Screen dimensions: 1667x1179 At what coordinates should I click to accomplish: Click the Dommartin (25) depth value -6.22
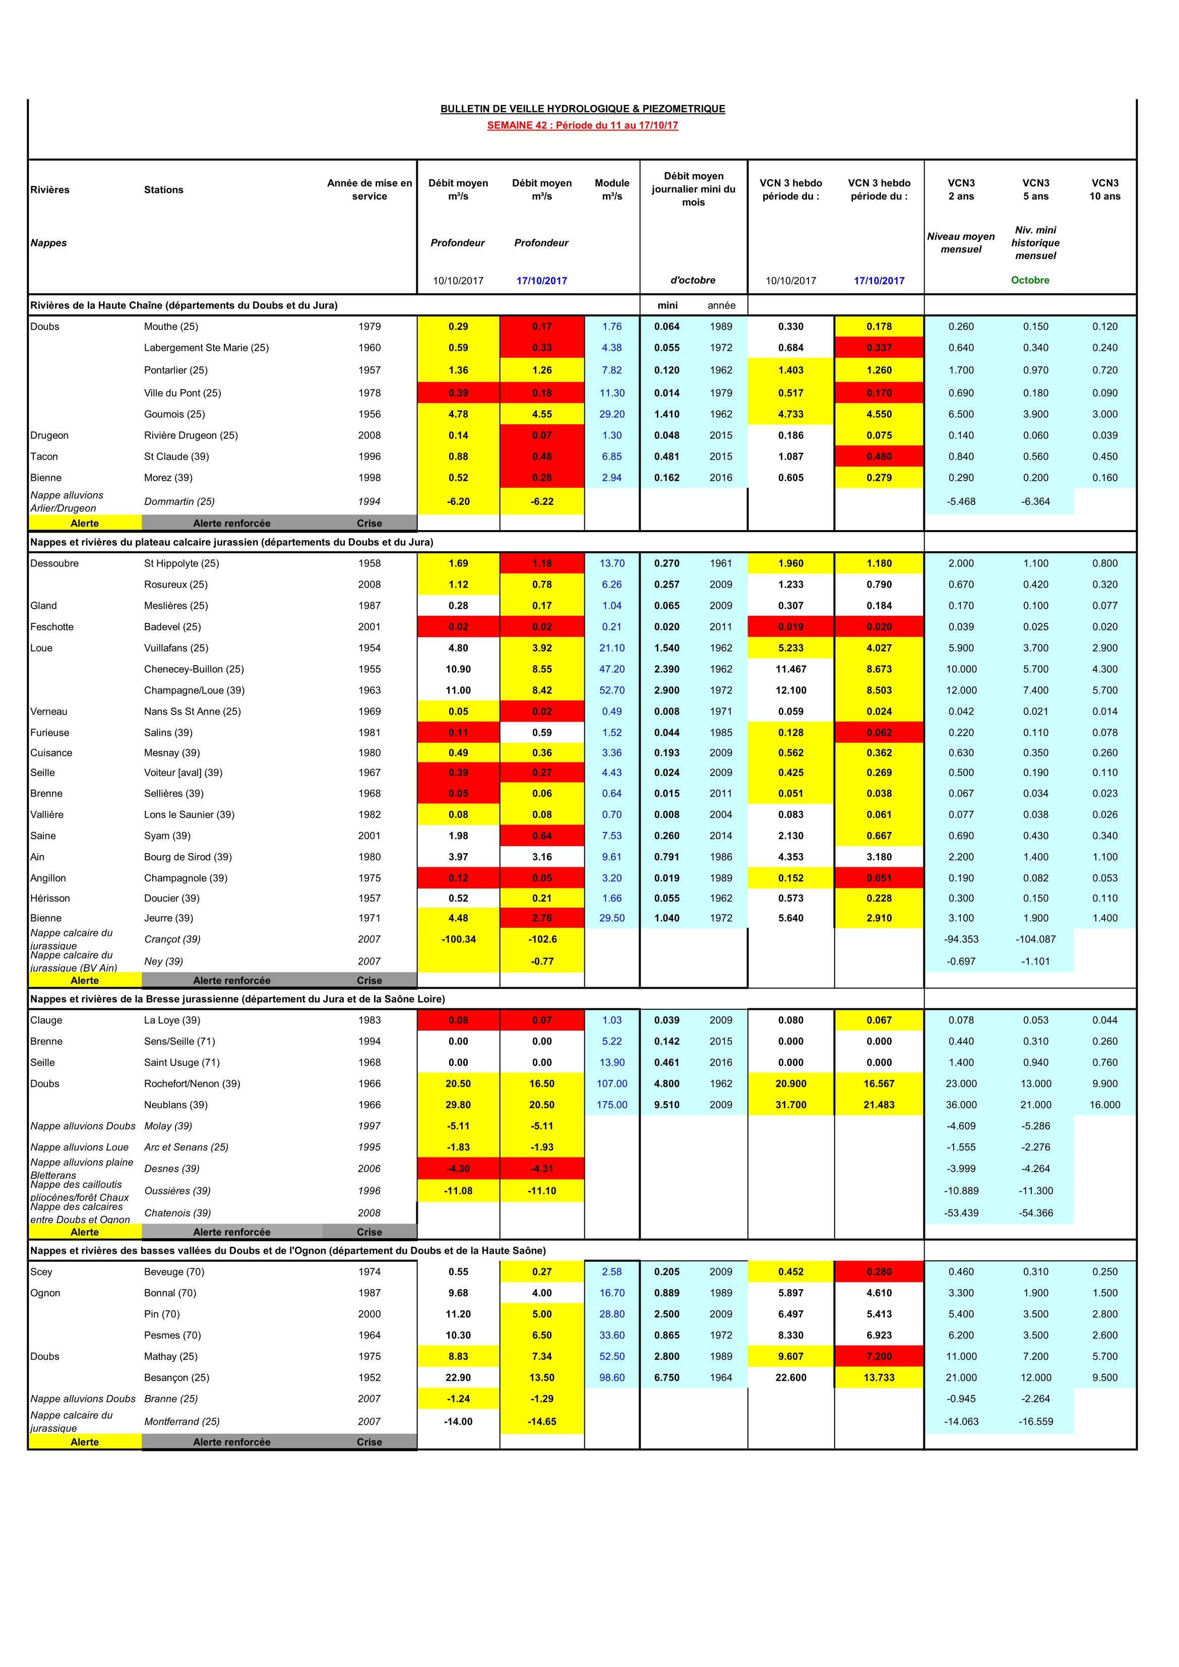[542, 501]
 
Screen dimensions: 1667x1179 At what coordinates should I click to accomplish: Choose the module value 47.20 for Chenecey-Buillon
[611, 669]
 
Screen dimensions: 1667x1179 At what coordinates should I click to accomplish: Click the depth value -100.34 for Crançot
[458, 939]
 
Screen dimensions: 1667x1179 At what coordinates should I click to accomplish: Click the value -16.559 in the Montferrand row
[1035, 1422]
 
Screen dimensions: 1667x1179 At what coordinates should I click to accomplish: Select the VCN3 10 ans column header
[1104, 189]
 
